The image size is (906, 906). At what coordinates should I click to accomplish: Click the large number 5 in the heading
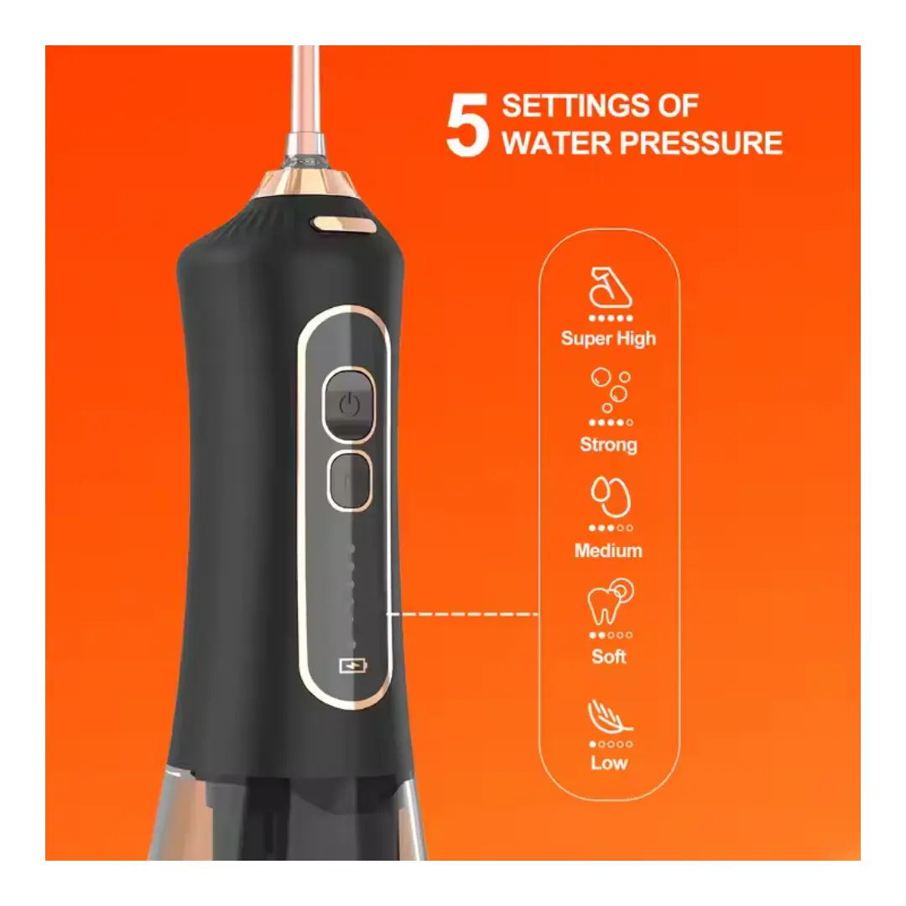point(467,125)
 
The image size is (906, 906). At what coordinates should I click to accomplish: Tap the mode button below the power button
point(349,481)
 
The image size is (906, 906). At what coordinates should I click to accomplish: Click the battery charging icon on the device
point(353,666)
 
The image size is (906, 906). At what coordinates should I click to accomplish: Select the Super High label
point(608,339)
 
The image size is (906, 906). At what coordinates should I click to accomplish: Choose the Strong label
point(608,445)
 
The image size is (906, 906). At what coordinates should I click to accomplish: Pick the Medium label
point(608,550)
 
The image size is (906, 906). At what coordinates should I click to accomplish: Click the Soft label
point(609,656)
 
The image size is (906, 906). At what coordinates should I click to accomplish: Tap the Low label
point(609,763)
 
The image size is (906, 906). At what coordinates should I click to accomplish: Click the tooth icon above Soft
point(610,601)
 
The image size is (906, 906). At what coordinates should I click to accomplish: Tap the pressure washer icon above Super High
point(610,288)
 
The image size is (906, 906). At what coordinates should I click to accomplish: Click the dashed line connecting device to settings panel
point(463,613)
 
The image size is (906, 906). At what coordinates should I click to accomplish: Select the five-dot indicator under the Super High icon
point(611,318)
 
